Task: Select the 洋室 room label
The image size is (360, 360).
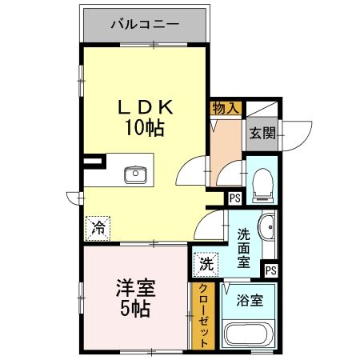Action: pos(135,286)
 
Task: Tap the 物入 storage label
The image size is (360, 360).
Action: pos(225,107)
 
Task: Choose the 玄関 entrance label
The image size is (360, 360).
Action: pos(262,132)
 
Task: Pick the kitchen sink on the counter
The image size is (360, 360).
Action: pos(135,174)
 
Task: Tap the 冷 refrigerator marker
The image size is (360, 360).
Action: pos(97,226)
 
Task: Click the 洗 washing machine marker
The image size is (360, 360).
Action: pos(206,262)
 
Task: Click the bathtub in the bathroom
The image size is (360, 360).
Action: pos(249,335)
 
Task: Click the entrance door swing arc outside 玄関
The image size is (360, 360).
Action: pos(298,136)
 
